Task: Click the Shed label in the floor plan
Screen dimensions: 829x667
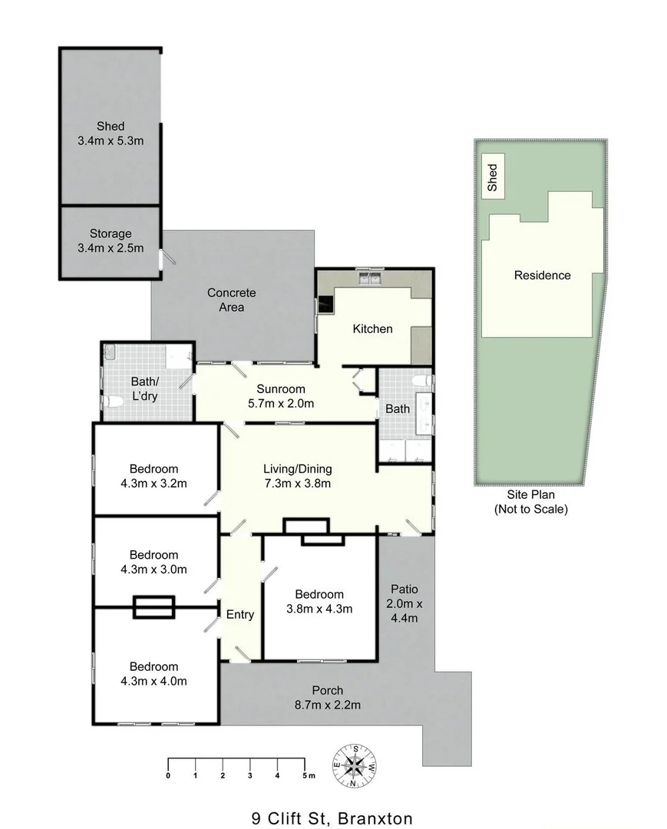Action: pyautogui.click(x=111, y=127)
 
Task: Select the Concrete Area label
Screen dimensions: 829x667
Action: pyautogui.click(x=231, y=300)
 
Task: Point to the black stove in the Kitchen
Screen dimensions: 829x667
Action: pyautogui.click(x=325, y=305)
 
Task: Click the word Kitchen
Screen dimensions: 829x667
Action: pyautogui.click(x=372, y=329)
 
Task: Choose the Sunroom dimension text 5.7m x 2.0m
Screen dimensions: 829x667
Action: pyautogui.click(x=281, y=403)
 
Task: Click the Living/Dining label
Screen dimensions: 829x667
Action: pyautogui.click(x=298, y=469)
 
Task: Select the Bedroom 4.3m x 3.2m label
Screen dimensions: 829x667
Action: pyautogui.click(x=154, y=476)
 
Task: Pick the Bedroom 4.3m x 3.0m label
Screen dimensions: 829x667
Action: pyautogui.click(x=154, y=562)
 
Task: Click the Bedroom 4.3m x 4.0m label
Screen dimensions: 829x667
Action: pyautogui.click(x=154, y=673)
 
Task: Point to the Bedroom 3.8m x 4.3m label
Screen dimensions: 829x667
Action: pyautogui.click(x=319, y=602)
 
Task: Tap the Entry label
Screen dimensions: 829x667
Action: pyautogui.click(x=239, y=614)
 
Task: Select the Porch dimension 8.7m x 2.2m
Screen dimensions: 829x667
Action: pyautogui.click(x=328, y=705)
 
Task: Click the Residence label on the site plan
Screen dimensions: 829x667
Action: pyautogui.click(x=542, y=275)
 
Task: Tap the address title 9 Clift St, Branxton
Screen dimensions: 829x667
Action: pyautogui.click(x=332, y=818)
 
